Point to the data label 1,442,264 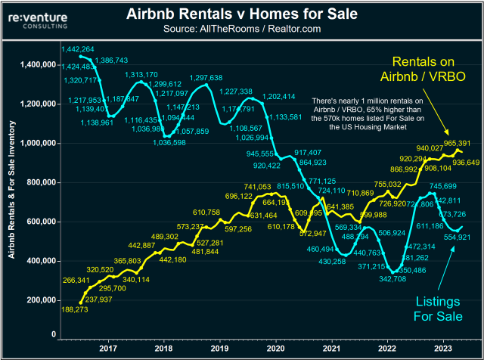coord(79,49)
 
